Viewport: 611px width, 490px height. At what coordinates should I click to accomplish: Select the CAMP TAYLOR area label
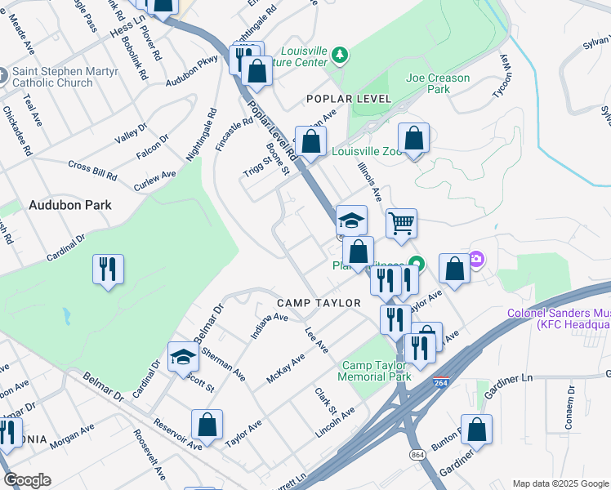pyautogui.click(x=319, y=303)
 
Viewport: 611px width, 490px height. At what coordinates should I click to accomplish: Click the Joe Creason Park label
pyautogui.click(x=438, y=83)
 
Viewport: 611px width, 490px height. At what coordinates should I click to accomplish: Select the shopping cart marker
pyautogui.click(x=401, y=222)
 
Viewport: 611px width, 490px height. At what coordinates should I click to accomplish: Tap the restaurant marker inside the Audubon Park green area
pyautogui.click(x=108, y=269)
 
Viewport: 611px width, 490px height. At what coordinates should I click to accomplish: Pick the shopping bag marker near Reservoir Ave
pyautogui.click(x=207, y=425)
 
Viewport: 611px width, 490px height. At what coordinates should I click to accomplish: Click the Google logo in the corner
pyautogui.click(x=27, y=480)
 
